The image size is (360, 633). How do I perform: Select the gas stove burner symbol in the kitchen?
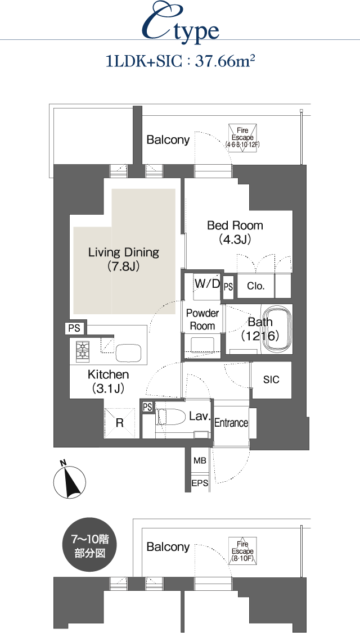83,349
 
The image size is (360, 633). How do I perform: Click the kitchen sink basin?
128,353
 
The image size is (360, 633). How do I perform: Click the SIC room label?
271,380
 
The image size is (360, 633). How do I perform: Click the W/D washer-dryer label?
207,283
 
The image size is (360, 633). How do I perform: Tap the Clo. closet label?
256,286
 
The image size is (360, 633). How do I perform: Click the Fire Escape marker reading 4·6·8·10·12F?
242,138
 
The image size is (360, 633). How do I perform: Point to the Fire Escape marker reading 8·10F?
242,551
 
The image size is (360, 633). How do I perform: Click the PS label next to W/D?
228,287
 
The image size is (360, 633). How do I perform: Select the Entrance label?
231,423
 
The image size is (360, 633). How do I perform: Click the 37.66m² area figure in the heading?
225,62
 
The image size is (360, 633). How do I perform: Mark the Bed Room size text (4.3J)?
235,240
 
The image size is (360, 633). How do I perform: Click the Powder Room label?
202,319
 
